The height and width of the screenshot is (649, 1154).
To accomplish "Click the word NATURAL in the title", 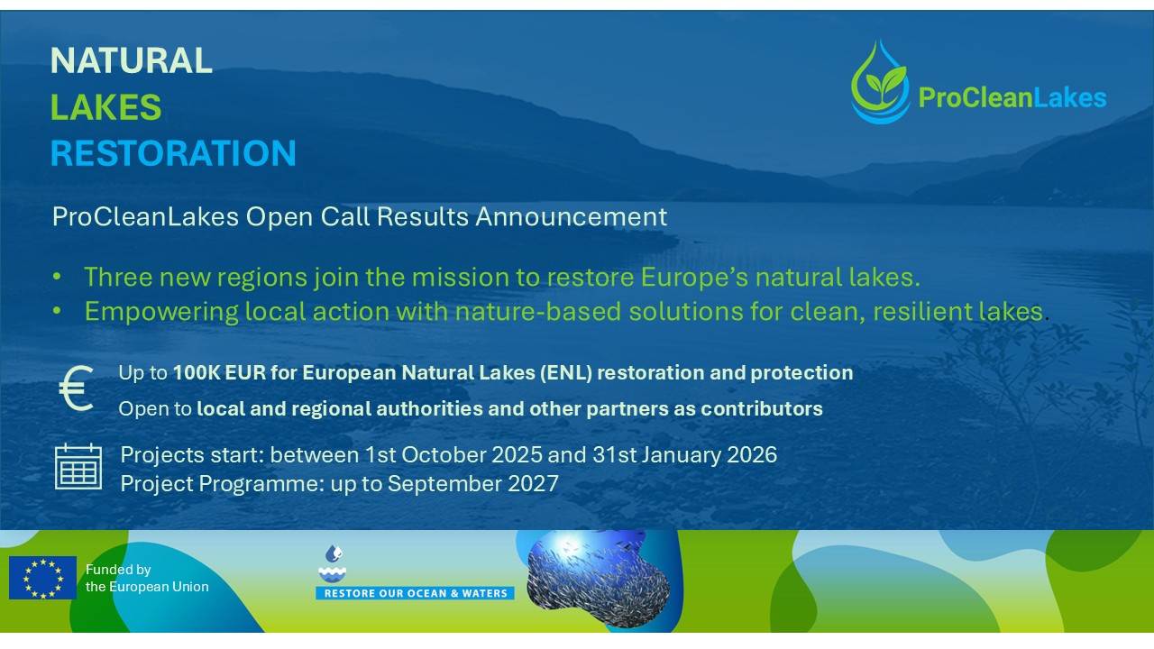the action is pos(132,60).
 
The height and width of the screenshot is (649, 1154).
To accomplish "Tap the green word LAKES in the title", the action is pos(105,106).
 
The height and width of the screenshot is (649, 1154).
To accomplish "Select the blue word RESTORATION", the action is pos(173,153).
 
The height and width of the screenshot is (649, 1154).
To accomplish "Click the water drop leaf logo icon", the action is pos(880,82).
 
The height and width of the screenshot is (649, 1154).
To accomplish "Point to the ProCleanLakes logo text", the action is pos(1012,97).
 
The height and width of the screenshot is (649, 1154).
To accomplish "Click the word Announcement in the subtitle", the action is pos(572,216).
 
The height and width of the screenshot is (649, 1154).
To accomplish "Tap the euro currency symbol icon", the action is pos(77,388).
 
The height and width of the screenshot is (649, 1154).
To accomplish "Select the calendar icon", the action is pos(78,466).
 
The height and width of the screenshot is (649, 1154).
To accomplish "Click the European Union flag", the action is pos(42,578).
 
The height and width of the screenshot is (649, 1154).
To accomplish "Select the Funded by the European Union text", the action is pos(147,578).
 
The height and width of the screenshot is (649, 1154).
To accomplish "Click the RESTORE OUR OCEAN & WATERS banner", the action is pos(415,593).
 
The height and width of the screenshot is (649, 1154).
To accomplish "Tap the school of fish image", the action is pos(598,580).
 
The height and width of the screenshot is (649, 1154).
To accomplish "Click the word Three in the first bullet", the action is pos(118,277).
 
